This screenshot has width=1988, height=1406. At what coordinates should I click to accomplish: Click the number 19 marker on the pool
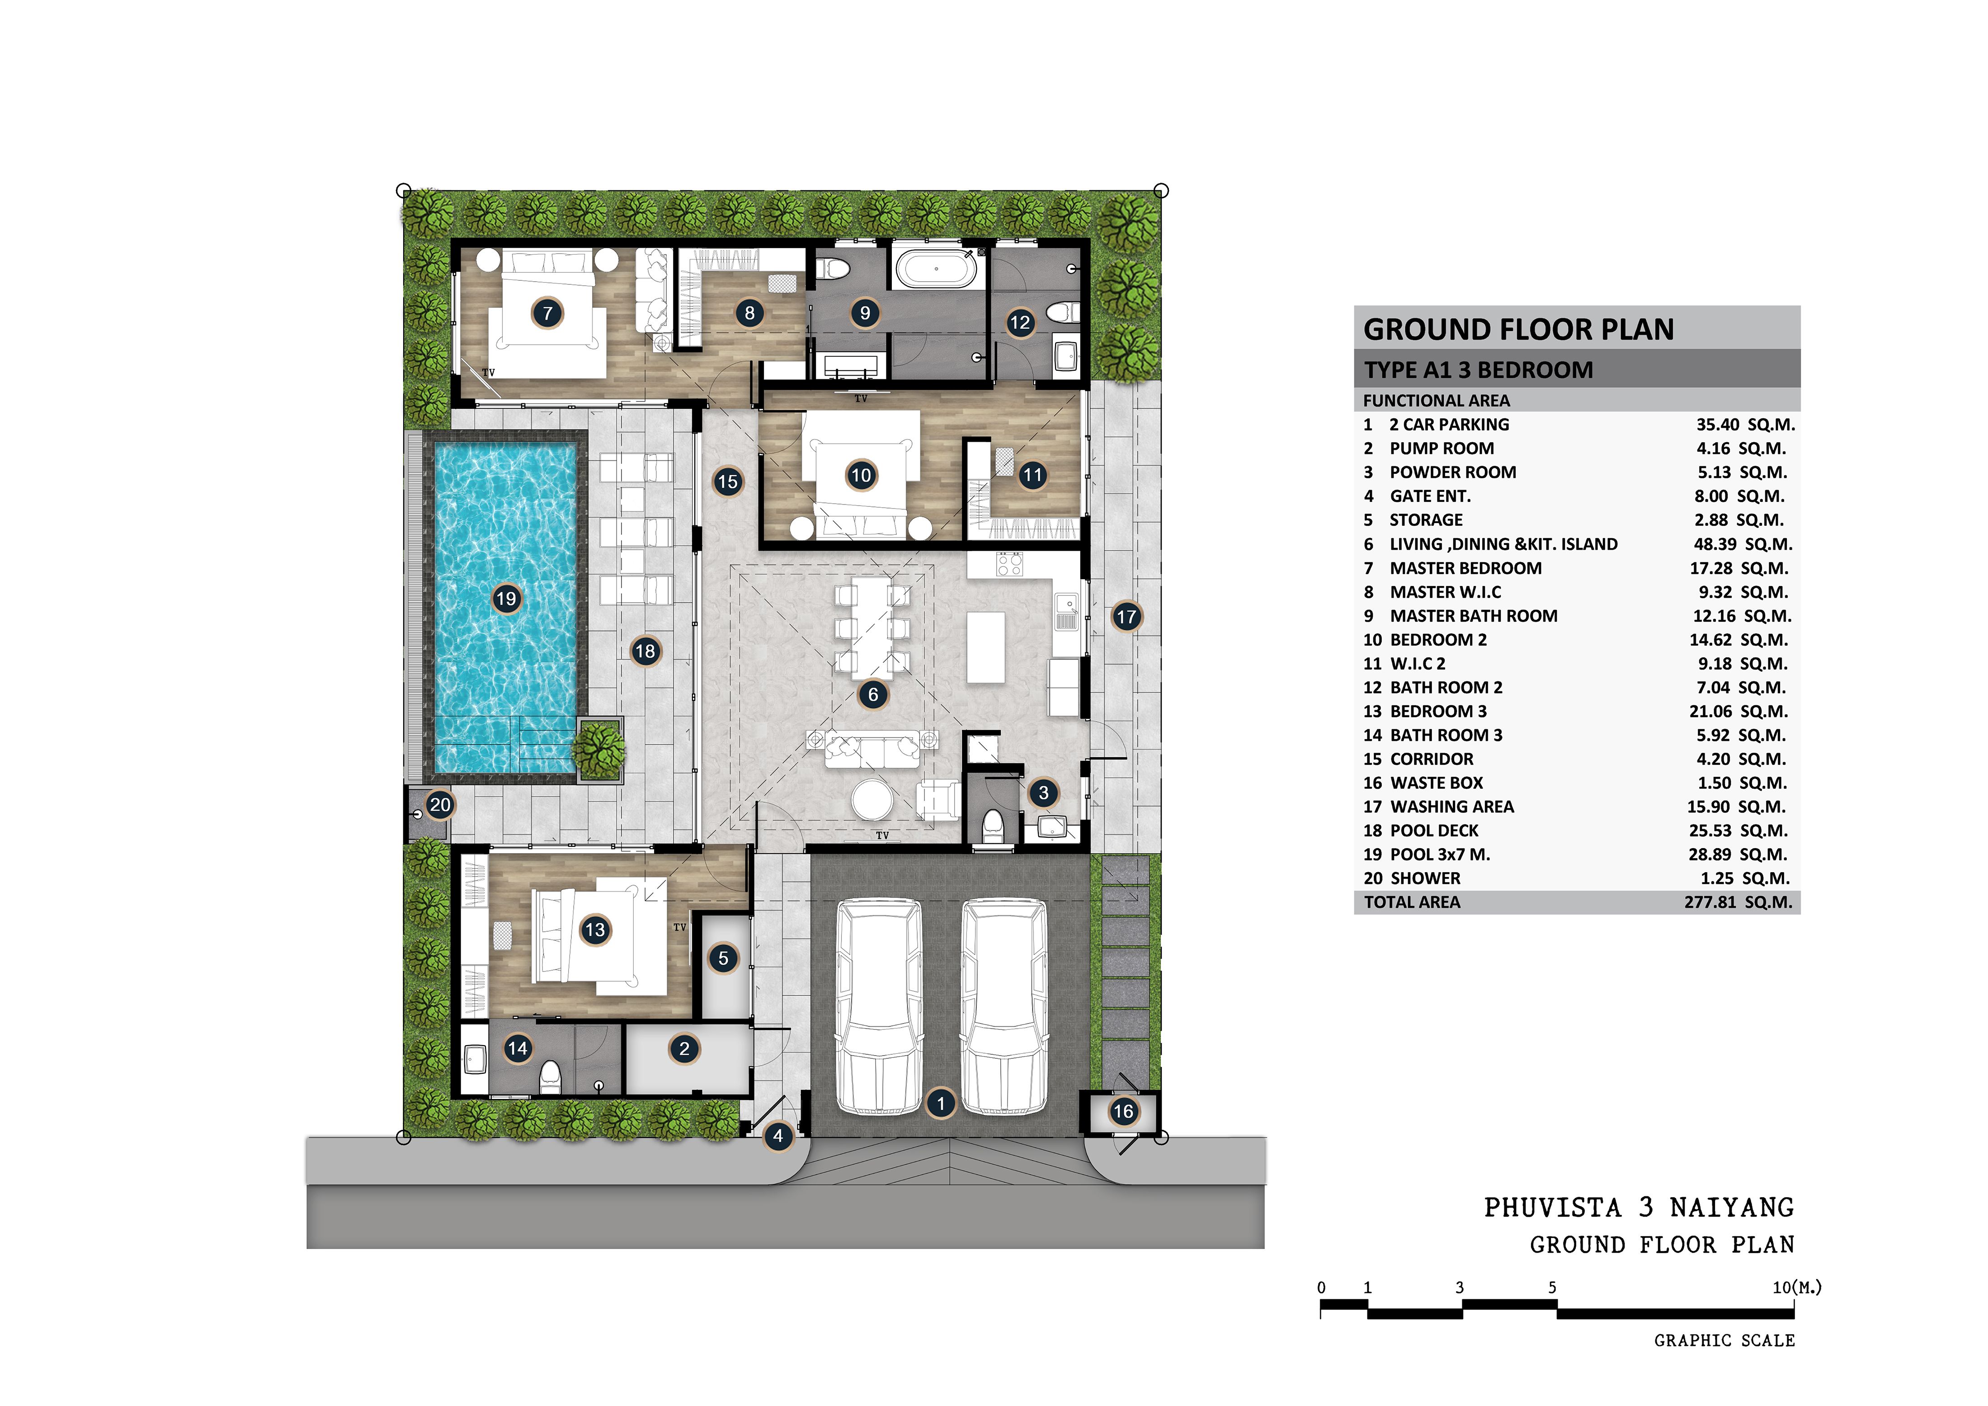[506, 598]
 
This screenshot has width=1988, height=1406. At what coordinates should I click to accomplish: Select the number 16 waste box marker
[1123, 1112]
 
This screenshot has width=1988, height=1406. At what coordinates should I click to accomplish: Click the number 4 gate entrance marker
[777, 1136]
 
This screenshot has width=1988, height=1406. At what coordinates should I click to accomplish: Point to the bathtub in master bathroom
[936, 269]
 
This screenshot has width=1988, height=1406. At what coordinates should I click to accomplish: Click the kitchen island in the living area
[986, 647]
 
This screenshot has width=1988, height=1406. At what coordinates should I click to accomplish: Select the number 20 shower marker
[440, 804]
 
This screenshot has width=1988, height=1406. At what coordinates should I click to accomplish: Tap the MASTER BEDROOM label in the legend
[1466, 568]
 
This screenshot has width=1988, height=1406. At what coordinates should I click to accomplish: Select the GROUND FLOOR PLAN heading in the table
[1519, 329]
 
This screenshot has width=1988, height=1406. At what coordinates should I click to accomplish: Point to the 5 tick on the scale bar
[1553, 1288]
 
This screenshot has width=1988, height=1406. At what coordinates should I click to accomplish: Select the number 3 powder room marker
[1043, 792]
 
